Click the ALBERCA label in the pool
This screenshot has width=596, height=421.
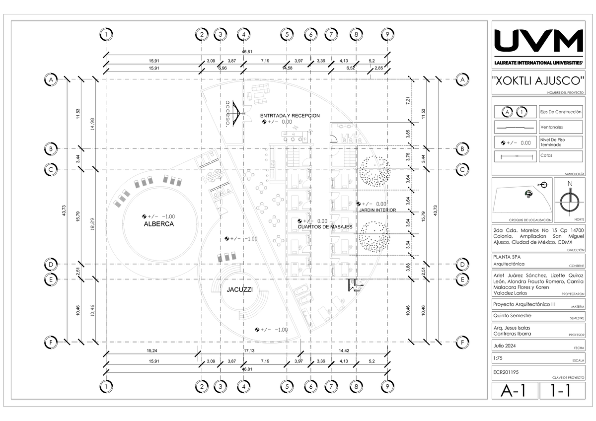point(158,224)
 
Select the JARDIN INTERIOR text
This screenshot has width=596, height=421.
point(377,210)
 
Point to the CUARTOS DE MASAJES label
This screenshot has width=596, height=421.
point(325,227)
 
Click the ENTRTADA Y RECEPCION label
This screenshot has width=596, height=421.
point(290,116)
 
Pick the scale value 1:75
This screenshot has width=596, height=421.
point(499,358)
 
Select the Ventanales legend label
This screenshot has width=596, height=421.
point(552,128)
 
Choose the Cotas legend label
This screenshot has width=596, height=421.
point(546,155)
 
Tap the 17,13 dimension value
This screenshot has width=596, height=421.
point(249,351)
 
